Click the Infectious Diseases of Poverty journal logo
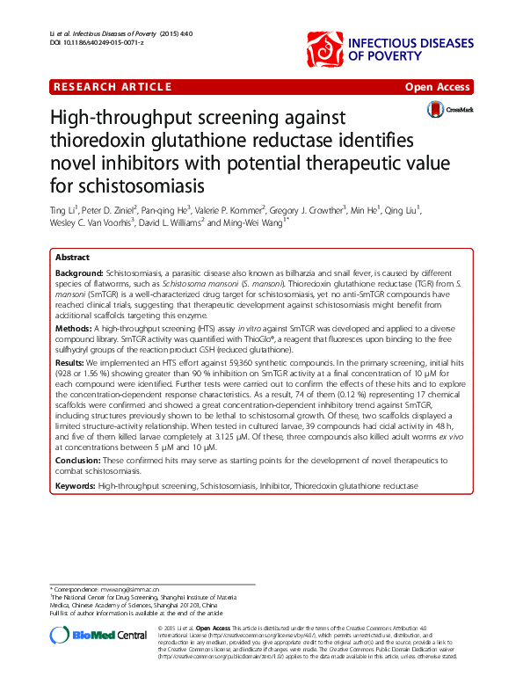(387, 48)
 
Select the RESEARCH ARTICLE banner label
(113, 86)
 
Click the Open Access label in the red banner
(438, 87)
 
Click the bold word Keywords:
(76, 485)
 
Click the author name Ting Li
(63, 210)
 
